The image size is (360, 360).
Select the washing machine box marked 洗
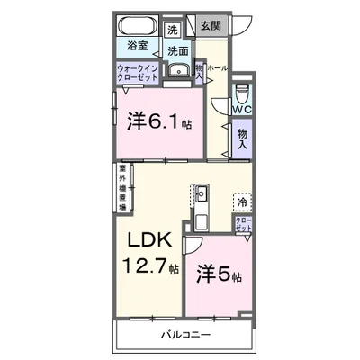pos(172,28)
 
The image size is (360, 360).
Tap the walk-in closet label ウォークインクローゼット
pos(137,73)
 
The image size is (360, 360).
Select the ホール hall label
pos(218,68)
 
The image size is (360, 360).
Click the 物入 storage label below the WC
pos(242,141)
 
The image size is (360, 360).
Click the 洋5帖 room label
pos(220,273)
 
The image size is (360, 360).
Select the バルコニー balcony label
pos(187,334)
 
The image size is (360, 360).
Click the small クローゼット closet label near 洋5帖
pos(243,226)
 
